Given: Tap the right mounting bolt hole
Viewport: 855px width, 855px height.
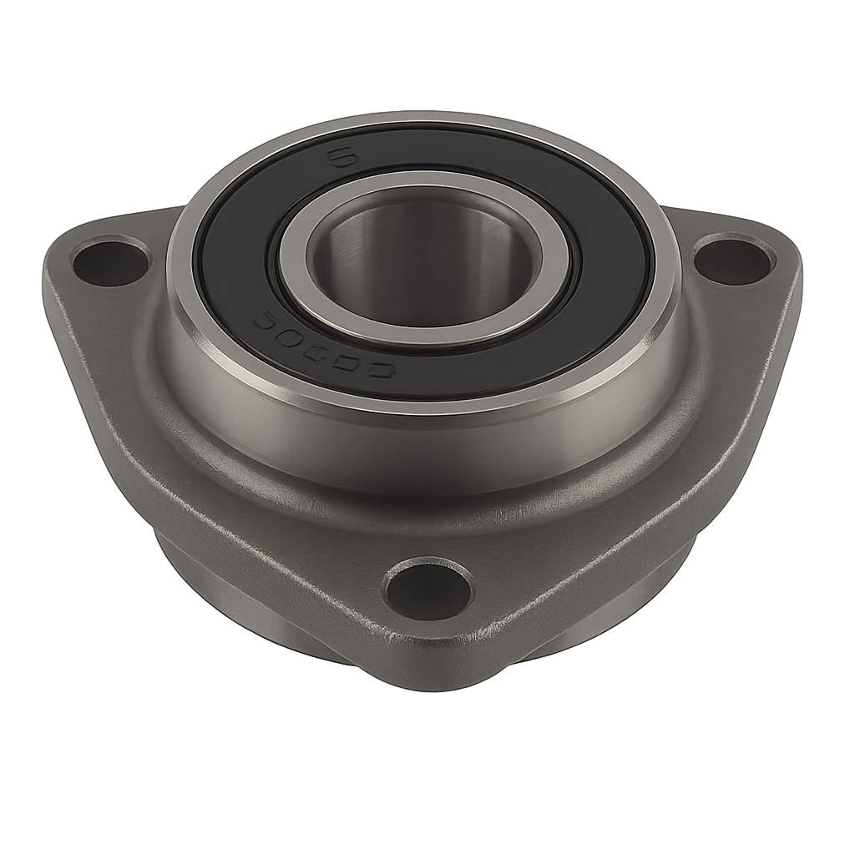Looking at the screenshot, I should coord(732,261).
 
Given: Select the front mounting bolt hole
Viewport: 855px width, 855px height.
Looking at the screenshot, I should coord(427,590).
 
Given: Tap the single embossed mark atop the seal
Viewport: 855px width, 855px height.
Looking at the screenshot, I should coord(337,156).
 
